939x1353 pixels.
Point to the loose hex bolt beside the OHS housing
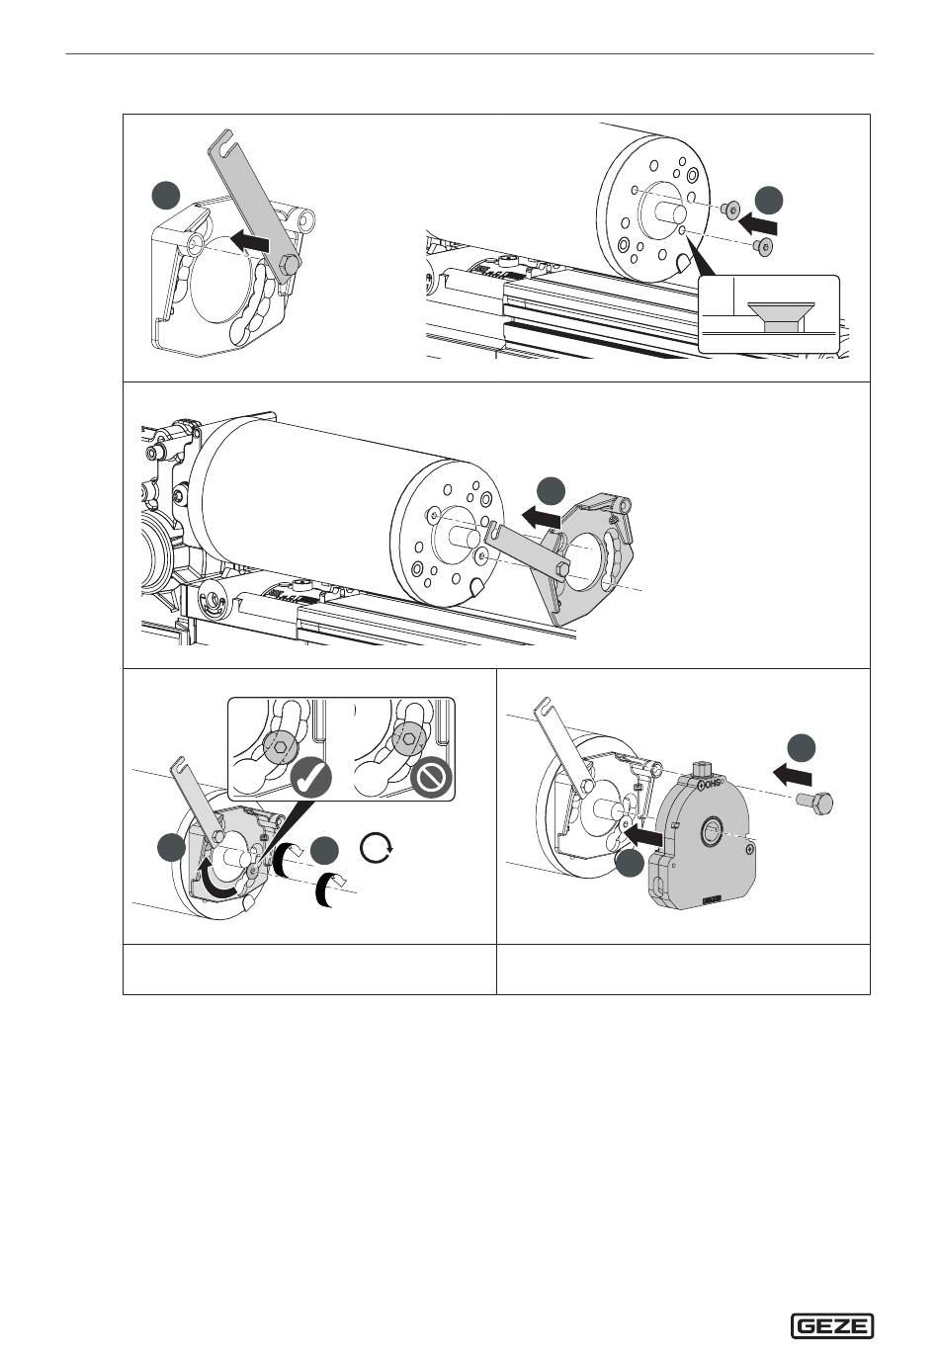(x=813, y=801)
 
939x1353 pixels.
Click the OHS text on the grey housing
(x=713, y=785)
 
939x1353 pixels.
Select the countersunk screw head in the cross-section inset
(x=781, y=313)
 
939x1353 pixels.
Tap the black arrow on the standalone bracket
(x=249, y=240)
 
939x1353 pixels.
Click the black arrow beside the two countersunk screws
(x=759, y=224)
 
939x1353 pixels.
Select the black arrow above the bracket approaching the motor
(x=541, y=515)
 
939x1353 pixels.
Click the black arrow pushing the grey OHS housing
(x=643, y=835)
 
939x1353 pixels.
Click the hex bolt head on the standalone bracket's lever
(x=290, y=264)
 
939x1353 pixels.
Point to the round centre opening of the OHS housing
(x=710, y=833)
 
